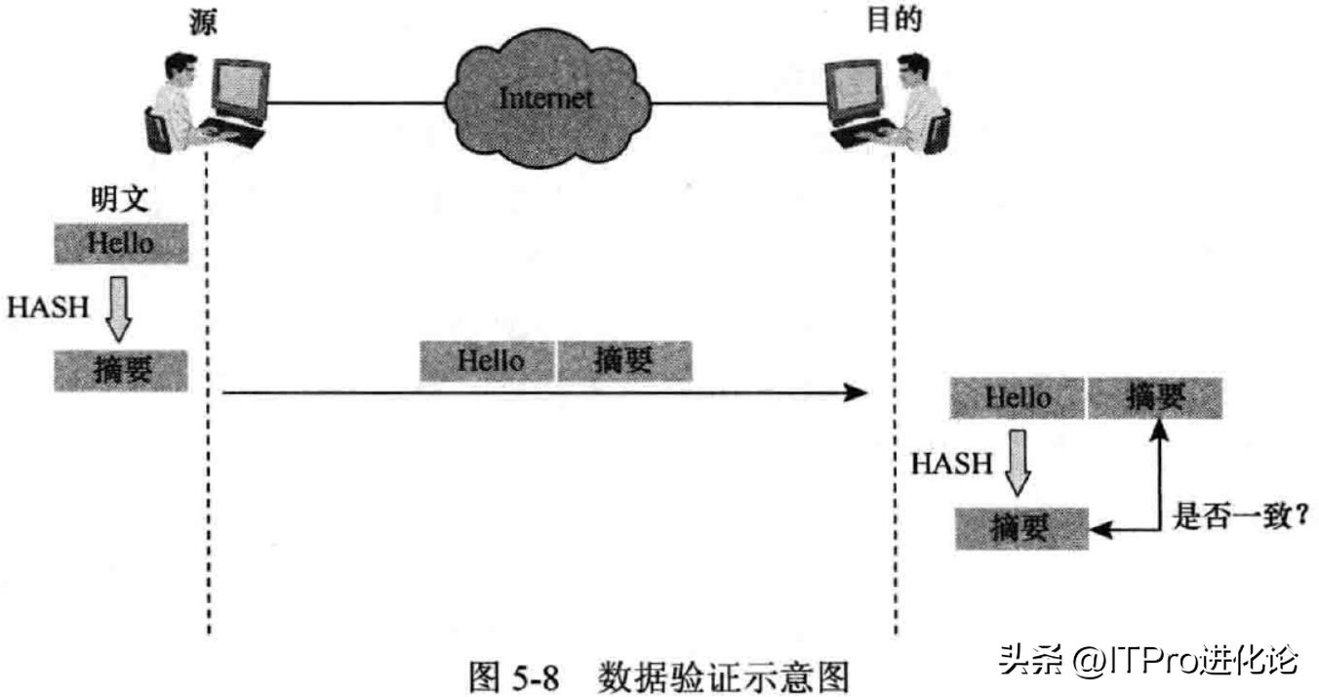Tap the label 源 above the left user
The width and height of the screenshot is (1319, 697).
204,22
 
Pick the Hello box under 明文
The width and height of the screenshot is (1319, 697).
121,242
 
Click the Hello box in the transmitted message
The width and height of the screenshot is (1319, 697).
488,360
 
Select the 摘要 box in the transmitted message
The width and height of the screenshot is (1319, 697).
624,360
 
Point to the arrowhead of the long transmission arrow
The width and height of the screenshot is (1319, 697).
856,393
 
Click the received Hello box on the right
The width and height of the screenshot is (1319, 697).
1018,396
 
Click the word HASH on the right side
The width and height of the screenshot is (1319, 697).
951,463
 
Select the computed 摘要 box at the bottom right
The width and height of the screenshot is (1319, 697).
1021,528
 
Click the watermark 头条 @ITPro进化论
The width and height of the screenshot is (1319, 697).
1147,661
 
